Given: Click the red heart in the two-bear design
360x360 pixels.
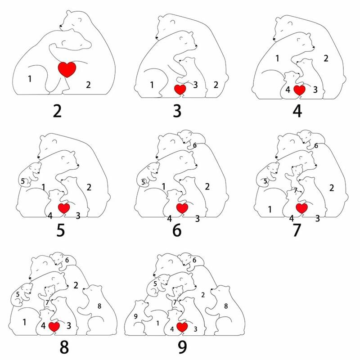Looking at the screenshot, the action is pyautogui.click(x=67, y=69).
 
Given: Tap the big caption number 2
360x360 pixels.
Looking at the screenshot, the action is pyautogui.click(x=58, y=111).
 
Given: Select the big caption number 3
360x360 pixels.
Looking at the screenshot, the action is pyautogui.click(x=177, y=111).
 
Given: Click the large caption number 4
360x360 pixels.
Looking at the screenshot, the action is pyautogui.click(x=297, y=111).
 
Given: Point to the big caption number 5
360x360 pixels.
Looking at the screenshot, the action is pyautogui.click(x=61, y=230).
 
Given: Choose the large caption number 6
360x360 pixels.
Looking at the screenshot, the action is pyautogui.click(x=177, y=230).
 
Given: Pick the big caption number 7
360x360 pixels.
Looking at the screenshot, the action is pyautogui.click(x=297, y=230).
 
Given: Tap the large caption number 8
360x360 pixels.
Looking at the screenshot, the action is pyautogui.click(x=64, y=347).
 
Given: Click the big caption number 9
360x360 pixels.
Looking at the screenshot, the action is pyautogui.click(x=182, y=347).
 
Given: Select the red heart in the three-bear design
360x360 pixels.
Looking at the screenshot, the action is pyautogui.click(x=180, y=90).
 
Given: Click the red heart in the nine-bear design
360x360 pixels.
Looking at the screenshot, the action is pyautogui.click(x=182, y=327).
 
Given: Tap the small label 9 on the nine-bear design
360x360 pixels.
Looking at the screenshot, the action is pyautogui.click(x=136, y=316).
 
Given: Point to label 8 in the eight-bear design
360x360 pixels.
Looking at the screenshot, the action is pyautogui.click(x=99, y=306).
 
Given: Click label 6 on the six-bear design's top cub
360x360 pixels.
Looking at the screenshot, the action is pyautogui.click(x=195, y=145).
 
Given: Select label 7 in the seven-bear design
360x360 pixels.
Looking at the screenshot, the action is pyautogui.click(x=296, y=190).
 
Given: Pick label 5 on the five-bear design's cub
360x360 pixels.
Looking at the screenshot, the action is pyautogui.click(x=23, y=181).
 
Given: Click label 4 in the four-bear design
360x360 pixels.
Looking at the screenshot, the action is pyautogui.click(x=288, y=90).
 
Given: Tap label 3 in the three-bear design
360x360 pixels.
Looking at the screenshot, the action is pyautogui.click(x=195, y=85).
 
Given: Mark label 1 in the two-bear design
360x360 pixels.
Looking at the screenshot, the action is pyautogui.click(x=30, y=79).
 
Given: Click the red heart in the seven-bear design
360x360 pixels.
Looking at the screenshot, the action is pyautogui.click(x=301, y=208).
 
